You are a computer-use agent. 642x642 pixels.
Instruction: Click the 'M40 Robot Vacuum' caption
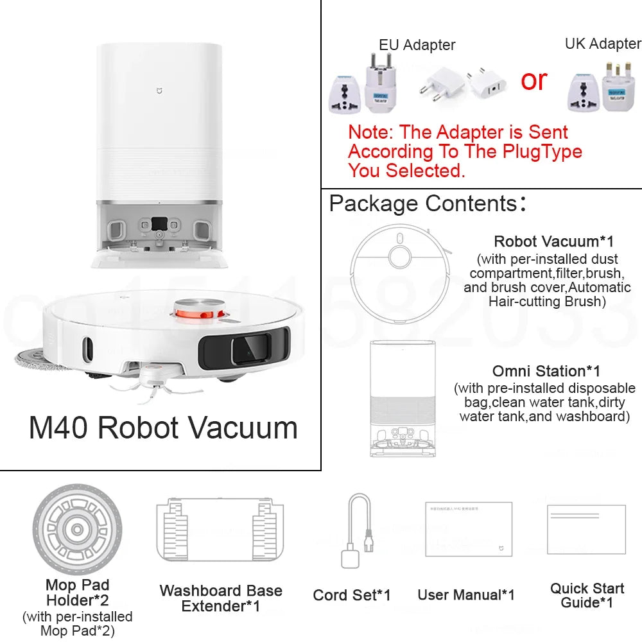(163, 428)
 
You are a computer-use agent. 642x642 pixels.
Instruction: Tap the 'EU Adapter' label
(417, 45)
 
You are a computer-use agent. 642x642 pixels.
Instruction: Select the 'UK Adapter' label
(602, 43)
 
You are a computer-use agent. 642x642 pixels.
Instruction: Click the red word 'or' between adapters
(534, 80)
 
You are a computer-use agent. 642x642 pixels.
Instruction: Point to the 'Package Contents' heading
(424, 204)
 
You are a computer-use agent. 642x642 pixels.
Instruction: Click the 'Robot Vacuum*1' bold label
(553, 241)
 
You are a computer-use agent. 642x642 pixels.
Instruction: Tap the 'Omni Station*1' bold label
(546, 371)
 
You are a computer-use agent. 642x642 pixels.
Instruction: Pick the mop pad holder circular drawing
(77, 530)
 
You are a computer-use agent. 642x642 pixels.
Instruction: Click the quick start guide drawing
(586, 530)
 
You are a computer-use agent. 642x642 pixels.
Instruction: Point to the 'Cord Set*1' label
(351, 595)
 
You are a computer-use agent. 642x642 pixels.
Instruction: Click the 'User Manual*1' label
(466, 595)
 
